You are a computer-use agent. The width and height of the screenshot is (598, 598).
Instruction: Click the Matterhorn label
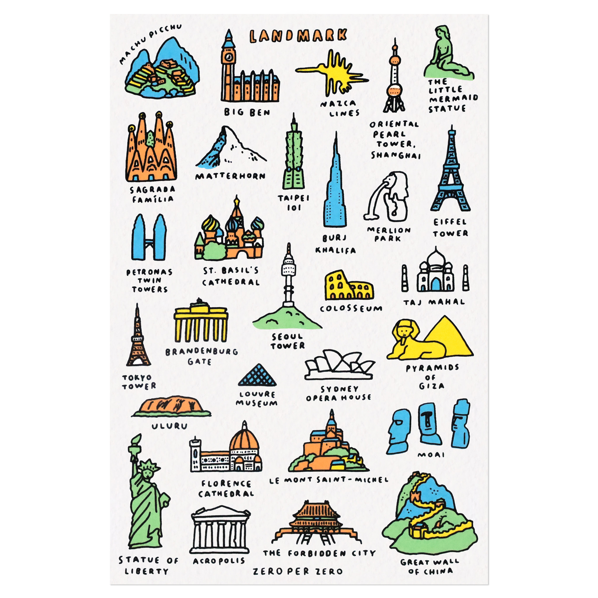pyautogui.click(x=230, y=176)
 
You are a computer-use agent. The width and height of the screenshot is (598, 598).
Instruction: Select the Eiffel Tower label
pyautogui.click(x=450, y=227)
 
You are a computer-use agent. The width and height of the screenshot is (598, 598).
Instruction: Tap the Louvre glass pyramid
pyautogui.click(x=257, y=375)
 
